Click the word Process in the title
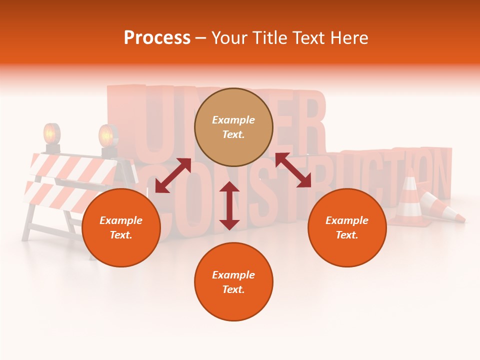point(157,38)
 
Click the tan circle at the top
point(233,127)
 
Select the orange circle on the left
point(121,227)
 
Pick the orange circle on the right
point(347,227)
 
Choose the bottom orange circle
point(233,282)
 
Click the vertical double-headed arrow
point(229,205)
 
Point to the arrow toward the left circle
point(173,175)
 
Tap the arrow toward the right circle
point(293,170)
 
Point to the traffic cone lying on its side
point(442,207)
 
